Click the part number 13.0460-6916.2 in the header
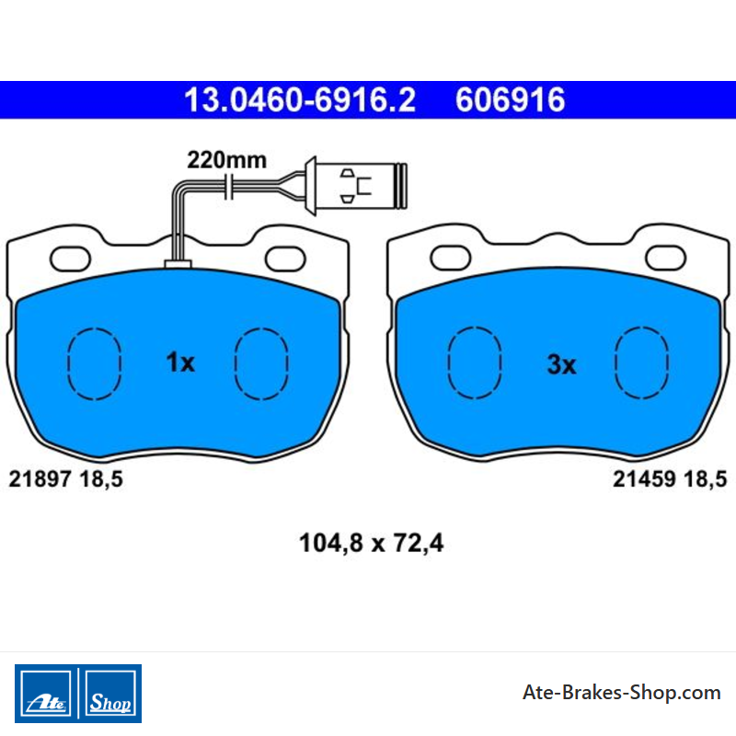pyautogui.click(x=300, y=100)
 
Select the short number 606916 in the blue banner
pyautogui.click(x=511, y=100)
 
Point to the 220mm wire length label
pyautogui.click(x=226, y=160)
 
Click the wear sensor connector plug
pyautogui.click(x=356, y=186)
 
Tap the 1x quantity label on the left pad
pyautogui.click(x=180, y=362)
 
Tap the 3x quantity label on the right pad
pyautogui.click(x=561, y=364)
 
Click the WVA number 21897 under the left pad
pyautogui.click(x=40, y=479)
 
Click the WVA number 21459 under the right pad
pyautogui.click(x=645, y=479)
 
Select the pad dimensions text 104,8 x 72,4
pyautogui.click(x=372, y=543)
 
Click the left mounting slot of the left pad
pyautogui.click(x=71, y=259)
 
